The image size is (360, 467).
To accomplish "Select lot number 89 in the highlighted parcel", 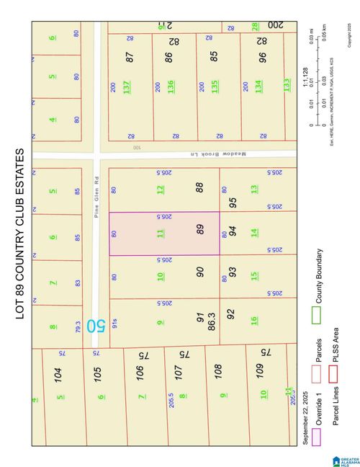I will coord(201,229).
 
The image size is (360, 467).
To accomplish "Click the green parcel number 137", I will coord(127,87).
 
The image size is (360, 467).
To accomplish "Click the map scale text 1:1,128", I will coord(305,84).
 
